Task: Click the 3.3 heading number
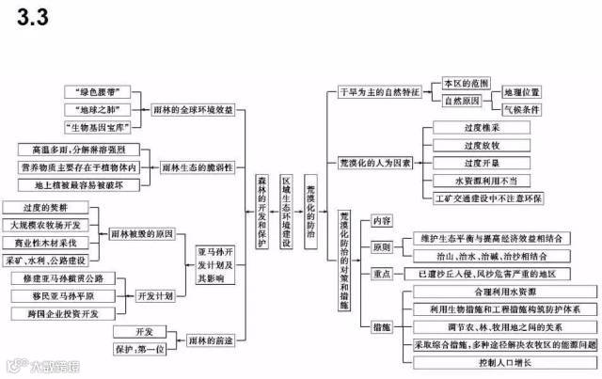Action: (x=28, y=16)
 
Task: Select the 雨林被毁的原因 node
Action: (x=142, y=234)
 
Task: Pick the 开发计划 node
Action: (x=155, y=295)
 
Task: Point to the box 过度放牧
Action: (x=484, y=146)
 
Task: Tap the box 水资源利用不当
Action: (x=484, y=181)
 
